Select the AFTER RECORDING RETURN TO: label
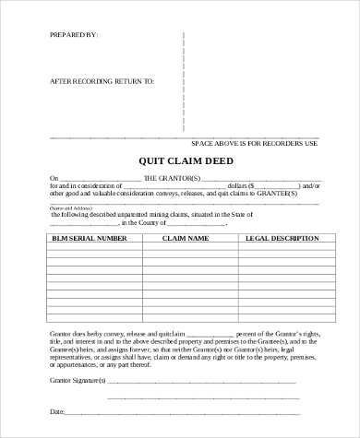pos(102,81)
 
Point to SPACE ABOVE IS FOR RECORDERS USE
pos(253,145)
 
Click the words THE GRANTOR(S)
pos(172,178)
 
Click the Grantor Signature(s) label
pos(78,380)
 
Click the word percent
pos(250,333)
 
